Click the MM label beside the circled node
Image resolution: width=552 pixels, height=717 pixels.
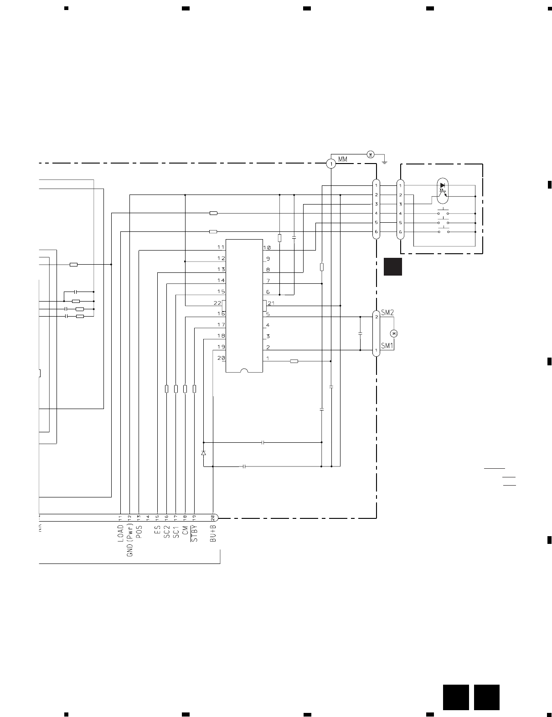coord(343,160)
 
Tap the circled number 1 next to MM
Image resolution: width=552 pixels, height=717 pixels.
coord(331,164)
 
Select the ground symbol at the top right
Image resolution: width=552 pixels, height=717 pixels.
coord(385,160)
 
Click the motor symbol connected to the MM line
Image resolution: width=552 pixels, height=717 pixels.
coord(371,154)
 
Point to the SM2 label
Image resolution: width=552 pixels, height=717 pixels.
coord(387,312)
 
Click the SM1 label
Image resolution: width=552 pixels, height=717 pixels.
coord(387,346)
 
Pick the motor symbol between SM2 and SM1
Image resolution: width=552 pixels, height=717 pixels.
coord(395,333)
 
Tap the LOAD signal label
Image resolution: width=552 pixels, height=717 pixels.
coord(121,534)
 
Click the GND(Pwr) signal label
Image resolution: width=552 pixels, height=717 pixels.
coord(130,540)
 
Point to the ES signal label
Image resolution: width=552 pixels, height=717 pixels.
coord(158,530)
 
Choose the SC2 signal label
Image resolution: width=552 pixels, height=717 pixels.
coord(167,530)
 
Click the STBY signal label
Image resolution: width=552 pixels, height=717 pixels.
coord(195,533)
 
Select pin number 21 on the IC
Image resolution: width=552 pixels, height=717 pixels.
coord(271,303)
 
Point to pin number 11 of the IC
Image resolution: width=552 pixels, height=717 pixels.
coord(221,247)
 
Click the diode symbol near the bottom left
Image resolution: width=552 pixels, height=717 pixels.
coord(203,453)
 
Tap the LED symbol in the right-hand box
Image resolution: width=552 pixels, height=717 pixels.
coord(443,185)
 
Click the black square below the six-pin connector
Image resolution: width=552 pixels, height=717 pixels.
coord(392,267)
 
